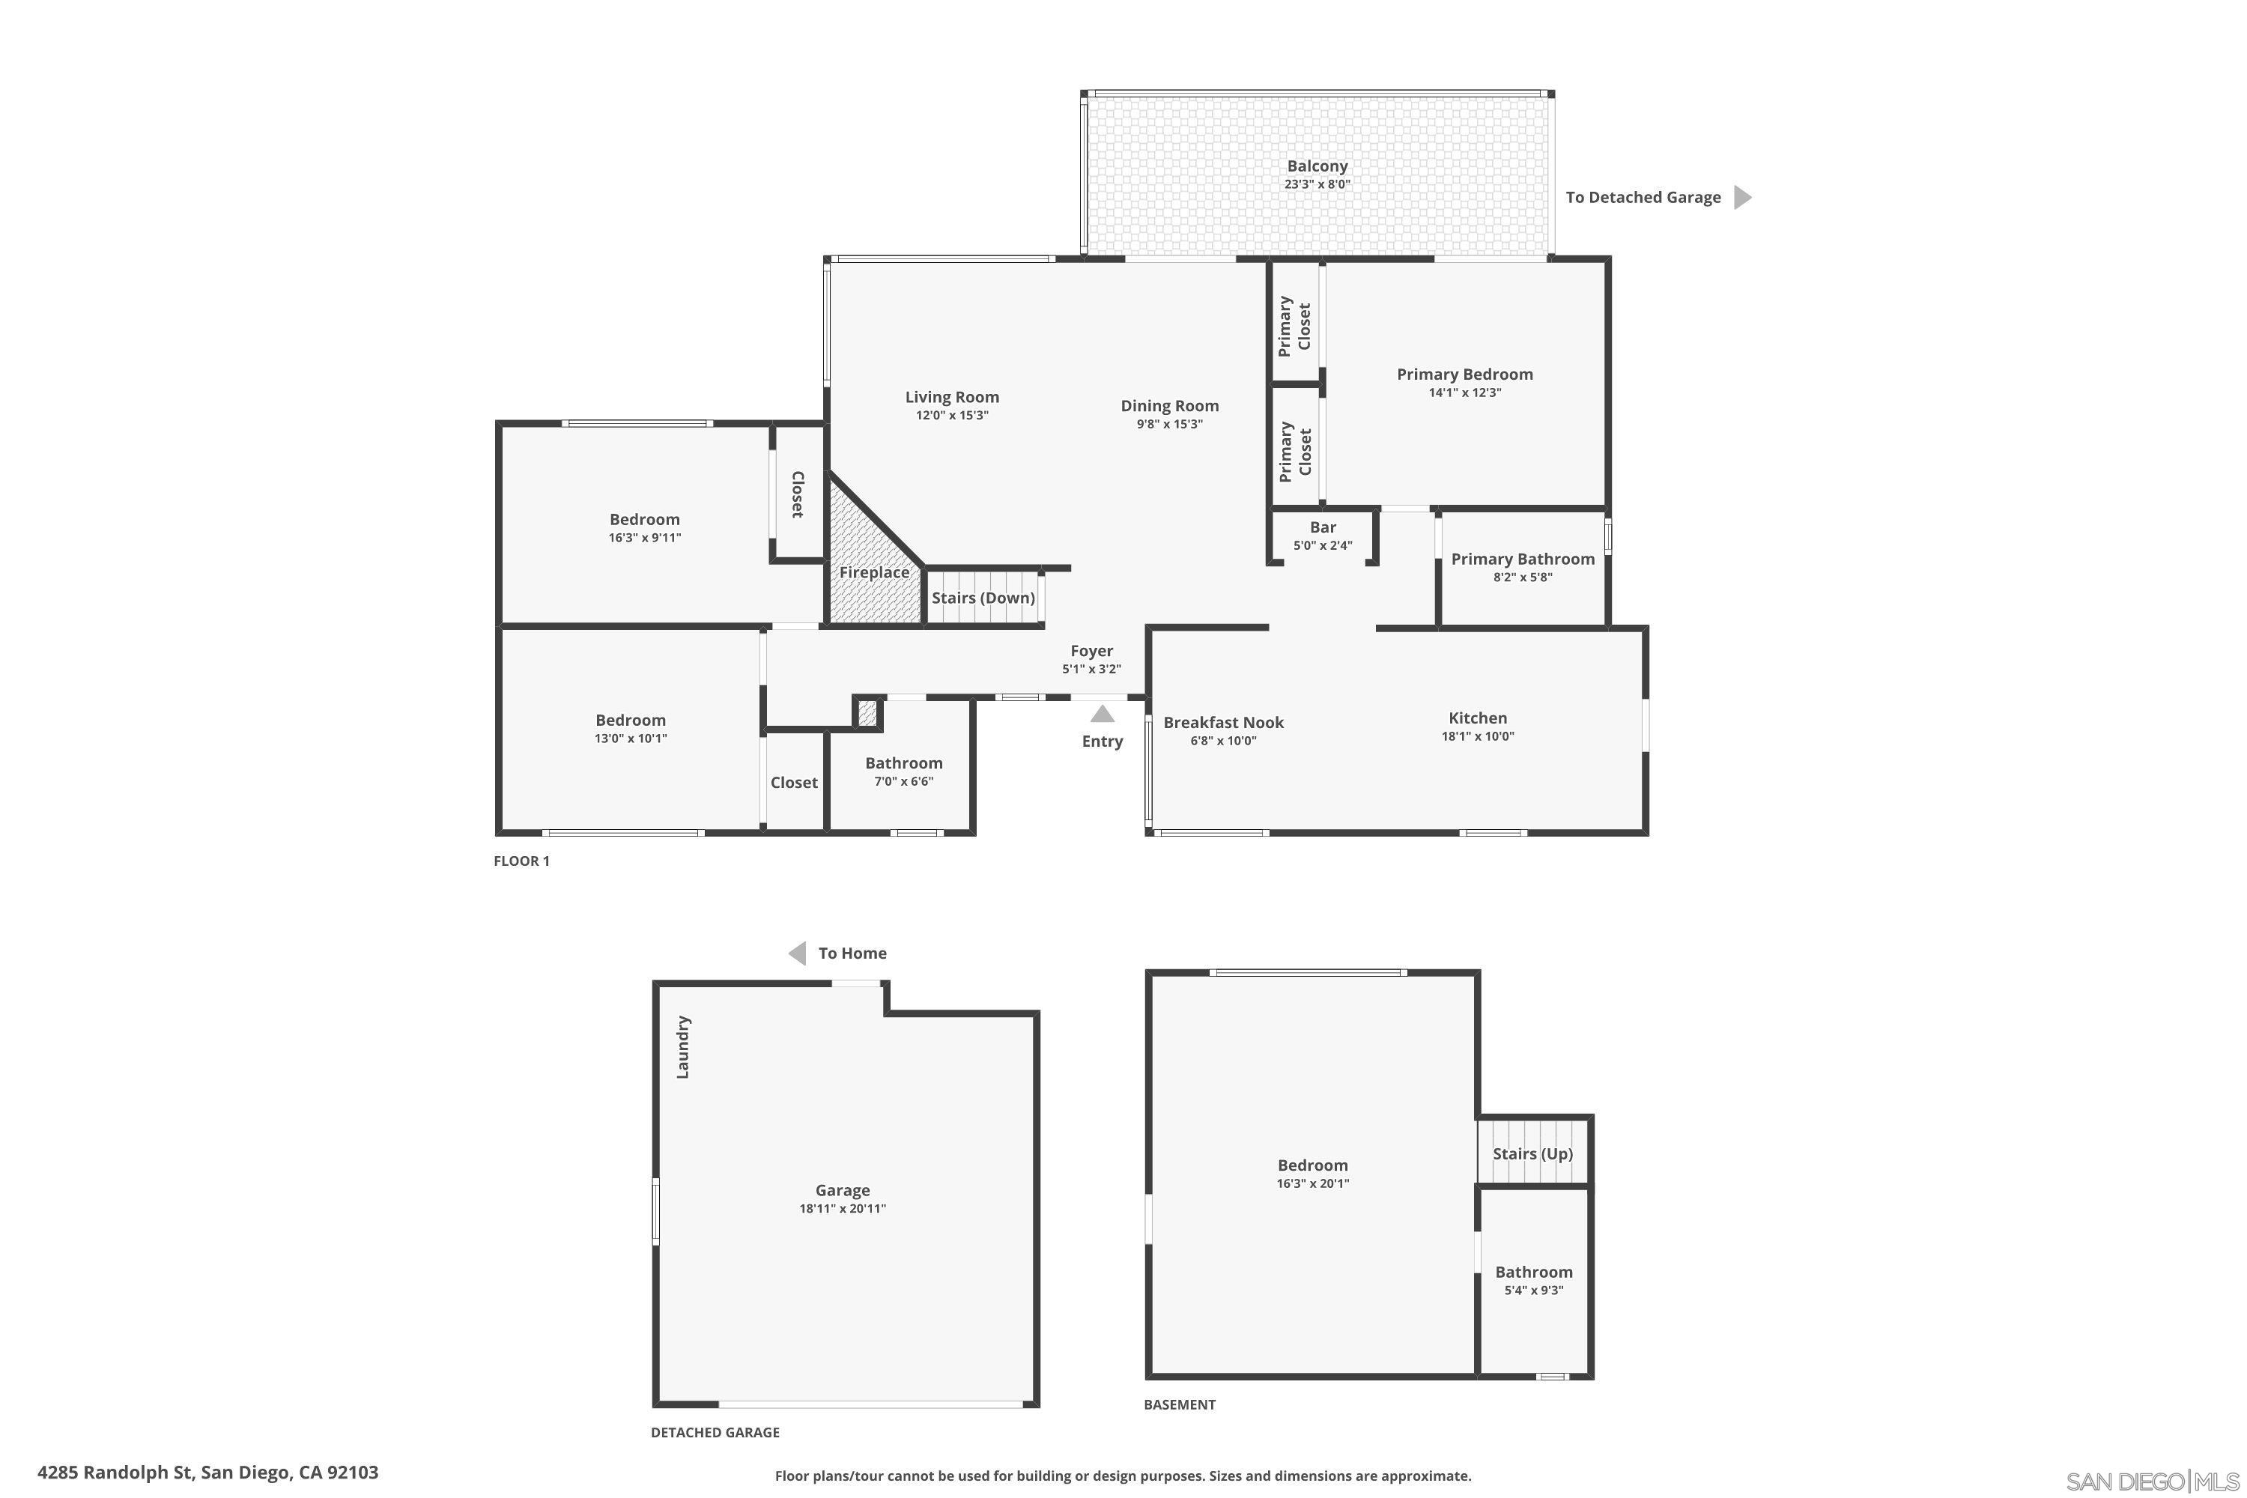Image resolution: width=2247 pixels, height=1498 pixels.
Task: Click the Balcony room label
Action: pyautogui.click(x=1317, y=166)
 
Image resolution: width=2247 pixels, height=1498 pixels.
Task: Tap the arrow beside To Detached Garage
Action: pyautogui.click(x=1743, y=197)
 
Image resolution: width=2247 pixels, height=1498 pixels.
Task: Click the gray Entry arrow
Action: pyautogui.click(x=1103, y=714)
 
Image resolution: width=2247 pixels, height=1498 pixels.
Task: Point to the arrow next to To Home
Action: pyautogui.click(x=797, y=953)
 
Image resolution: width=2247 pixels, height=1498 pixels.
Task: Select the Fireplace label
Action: pyautogui.click(x=874, y=572)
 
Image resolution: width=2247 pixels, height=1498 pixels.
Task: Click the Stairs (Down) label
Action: pyautogui.click(x=983, y=598)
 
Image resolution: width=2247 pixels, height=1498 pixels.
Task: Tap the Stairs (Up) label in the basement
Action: pyautogui.click(x=1532, y=1153)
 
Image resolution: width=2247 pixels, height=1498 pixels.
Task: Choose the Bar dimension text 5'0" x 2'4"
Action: pyautogui.click(x=1322, y=545)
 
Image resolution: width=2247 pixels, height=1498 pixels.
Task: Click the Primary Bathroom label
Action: pyautogui.click(x=1523, y=559)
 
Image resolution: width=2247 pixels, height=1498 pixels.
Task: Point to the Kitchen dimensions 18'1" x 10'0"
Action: pyautogui.click(x=1478, y=736)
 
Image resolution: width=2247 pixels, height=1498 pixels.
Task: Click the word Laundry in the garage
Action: pyautogui.click(x=682, y=1047)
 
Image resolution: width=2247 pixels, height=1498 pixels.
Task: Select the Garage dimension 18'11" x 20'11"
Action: pyautogui.click(x=843, y=1209)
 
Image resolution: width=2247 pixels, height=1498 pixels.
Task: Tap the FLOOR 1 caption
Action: pyautogui.click(x=521, y=861)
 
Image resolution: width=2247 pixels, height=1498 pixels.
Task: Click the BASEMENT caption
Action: pyautogui.click(x=1180, y=1404)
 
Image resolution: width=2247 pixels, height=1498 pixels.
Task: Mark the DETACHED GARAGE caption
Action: pyautogui.click(x=715, y=1432)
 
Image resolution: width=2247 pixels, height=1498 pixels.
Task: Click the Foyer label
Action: pyautogui.click(x=1091, y=651)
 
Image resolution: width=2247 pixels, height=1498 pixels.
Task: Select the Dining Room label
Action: pyautogui.click(x=1169, y=406)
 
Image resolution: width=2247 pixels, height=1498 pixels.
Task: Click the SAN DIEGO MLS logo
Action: pyautogui.click(x=2153, y=1481)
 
